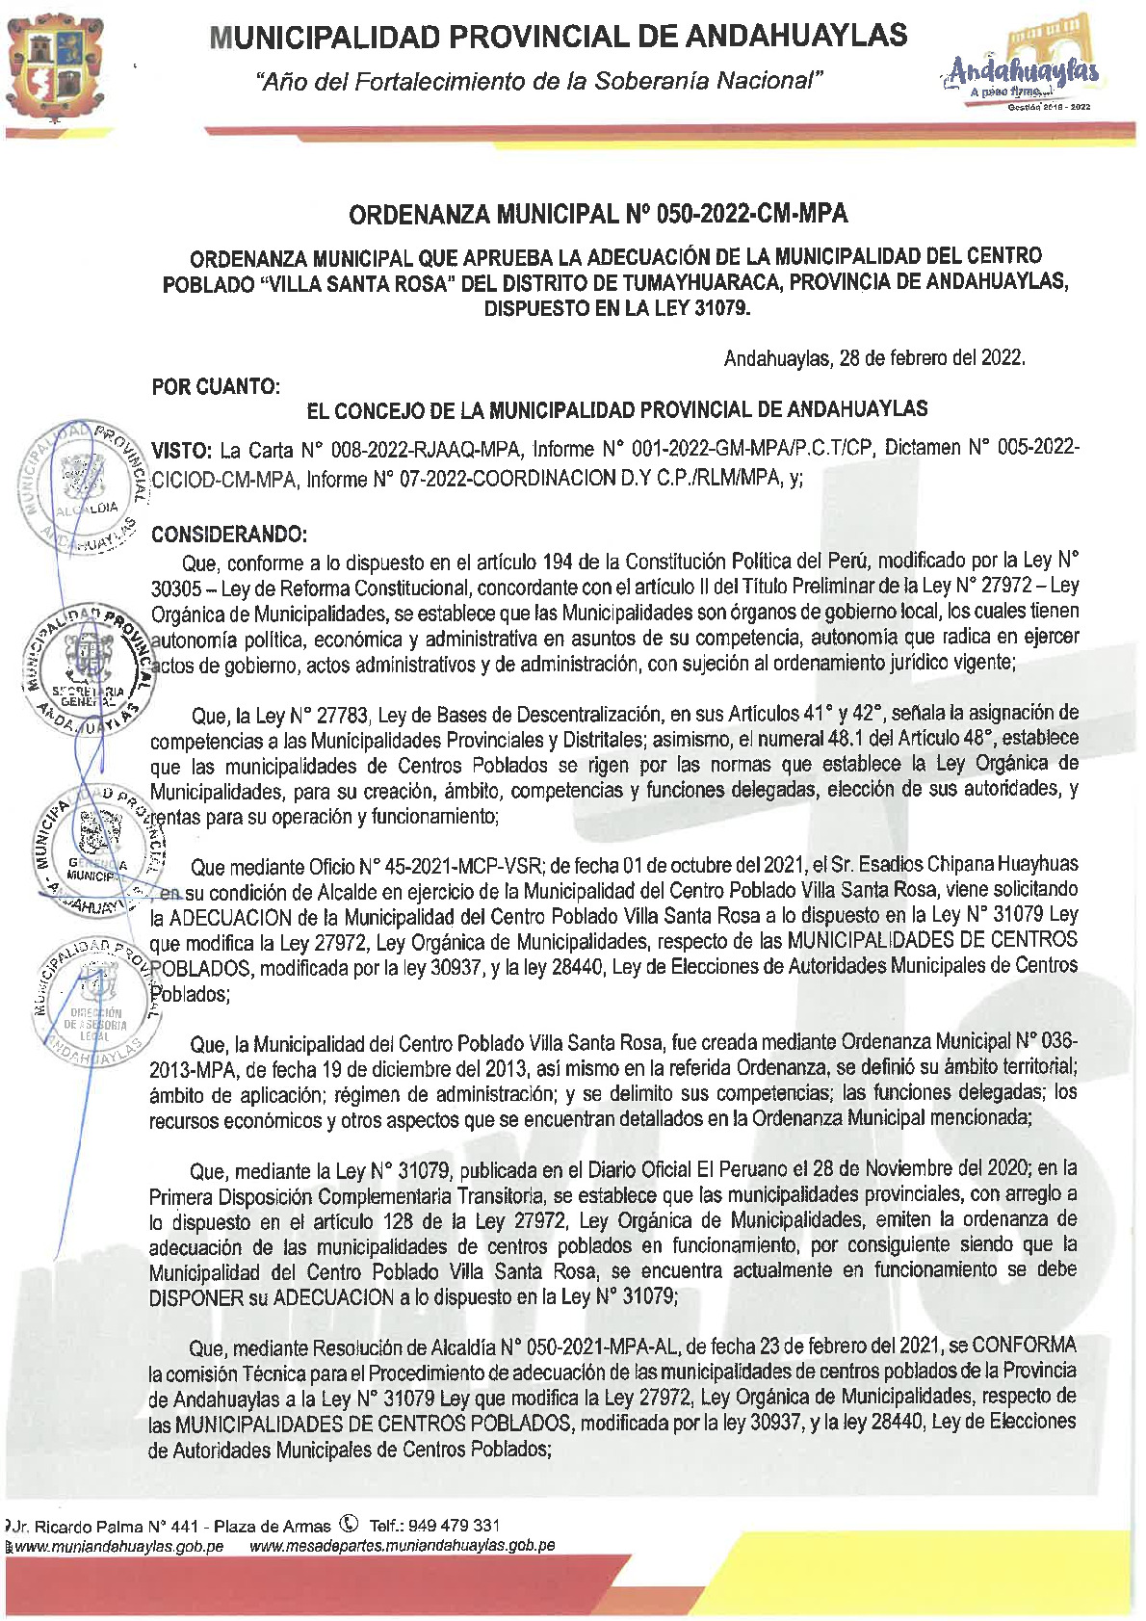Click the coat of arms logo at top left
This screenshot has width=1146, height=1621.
coord(55,66)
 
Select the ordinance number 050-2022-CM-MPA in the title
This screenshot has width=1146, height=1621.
coord(751,214)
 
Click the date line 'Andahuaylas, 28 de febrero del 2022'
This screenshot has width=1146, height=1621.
coord(873,358)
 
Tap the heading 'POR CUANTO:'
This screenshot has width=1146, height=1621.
coord(216,387)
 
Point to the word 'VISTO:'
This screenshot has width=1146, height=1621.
coord(182,451)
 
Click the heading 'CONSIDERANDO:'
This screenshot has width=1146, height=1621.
coord(230,535)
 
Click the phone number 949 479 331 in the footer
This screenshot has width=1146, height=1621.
coord(454,1526)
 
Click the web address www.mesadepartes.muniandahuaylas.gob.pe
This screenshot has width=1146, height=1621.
coord(402,1546)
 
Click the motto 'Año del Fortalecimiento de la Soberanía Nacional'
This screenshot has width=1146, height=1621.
coord(539,81)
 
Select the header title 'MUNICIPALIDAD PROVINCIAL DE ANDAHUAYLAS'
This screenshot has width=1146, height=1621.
coord(559,37)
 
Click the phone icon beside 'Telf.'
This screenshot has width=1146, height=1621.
coord(350,1525)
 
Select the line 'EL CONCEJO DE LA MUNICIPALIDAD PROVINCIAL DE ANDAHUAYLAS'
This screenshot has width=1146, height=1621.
coord(616,410)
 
